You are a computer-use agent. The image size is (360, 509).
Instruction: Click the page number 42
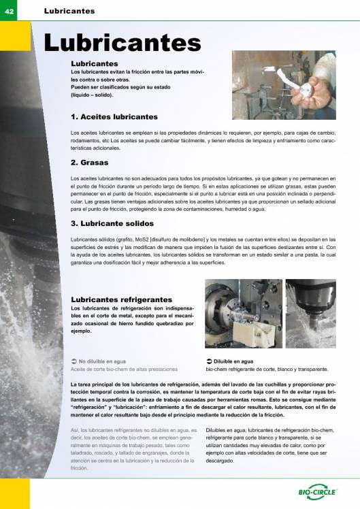(x=10, y=11)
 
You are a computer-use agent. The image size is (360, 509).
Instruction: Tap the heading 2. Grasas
(x=90, y=163)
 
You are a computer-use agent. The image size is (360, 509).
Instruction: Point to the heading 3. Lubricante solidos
(x=112, y=223)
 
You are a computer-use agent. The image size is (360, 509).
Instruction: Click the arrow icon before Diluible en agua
(x=209, y=361)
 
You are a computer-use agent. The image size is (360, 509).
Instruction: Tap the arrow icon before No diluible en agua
(x=74, y=361)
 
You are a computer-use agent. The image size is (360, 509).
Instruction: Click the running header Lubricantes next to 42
(x=69, y=11)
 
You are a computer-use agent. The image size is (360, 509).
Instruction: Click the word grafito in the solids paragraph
(x=120, y=240)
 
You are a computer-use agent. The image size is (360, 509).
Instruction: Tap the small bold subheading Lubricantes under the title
(x=90, y=63)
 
